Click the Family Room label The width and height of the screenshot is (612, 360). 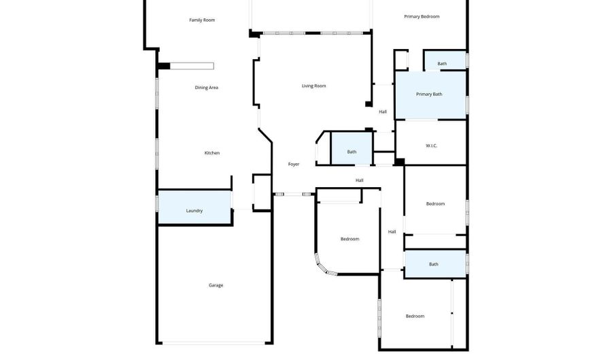click(202, 20)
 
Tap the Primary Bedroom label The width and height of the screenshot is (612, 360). click(422, 16)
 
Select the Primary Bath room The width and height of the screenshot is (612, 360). click(430, 95)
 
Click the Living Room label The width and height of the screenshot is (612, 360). click(314, 86)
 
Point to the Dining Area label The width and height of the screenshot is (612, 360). click(207, 87)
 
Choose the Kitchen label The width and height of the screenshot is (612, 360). click(212, 153)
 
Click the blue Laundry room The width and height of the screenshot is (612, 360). click(194, 210)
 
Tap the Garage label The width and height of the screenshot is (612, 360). click(216, 285)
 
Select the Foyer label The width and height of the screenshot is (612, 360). click(294, 164)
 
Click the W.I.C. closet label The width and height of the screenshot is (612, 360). click(431, 146)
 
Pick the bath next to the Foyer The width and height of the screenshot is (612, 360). click(352, 151)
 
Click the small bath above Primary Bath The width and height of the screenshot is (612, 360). click(443, 63)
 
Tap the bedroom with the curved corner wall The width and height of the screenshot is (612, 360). click(350, 239)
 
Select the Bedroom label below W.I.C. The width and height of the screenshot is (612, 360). click(435, 203)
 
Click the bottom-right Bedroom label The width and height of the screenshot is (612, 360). click(415, 316)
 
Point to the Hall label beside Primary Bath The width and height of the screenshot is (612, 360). click(383, 112)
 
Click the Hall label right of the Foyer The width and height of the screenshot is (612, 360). click(359, 180)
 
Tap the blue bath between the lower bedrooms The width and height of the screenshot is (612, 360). click(434, 264)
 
